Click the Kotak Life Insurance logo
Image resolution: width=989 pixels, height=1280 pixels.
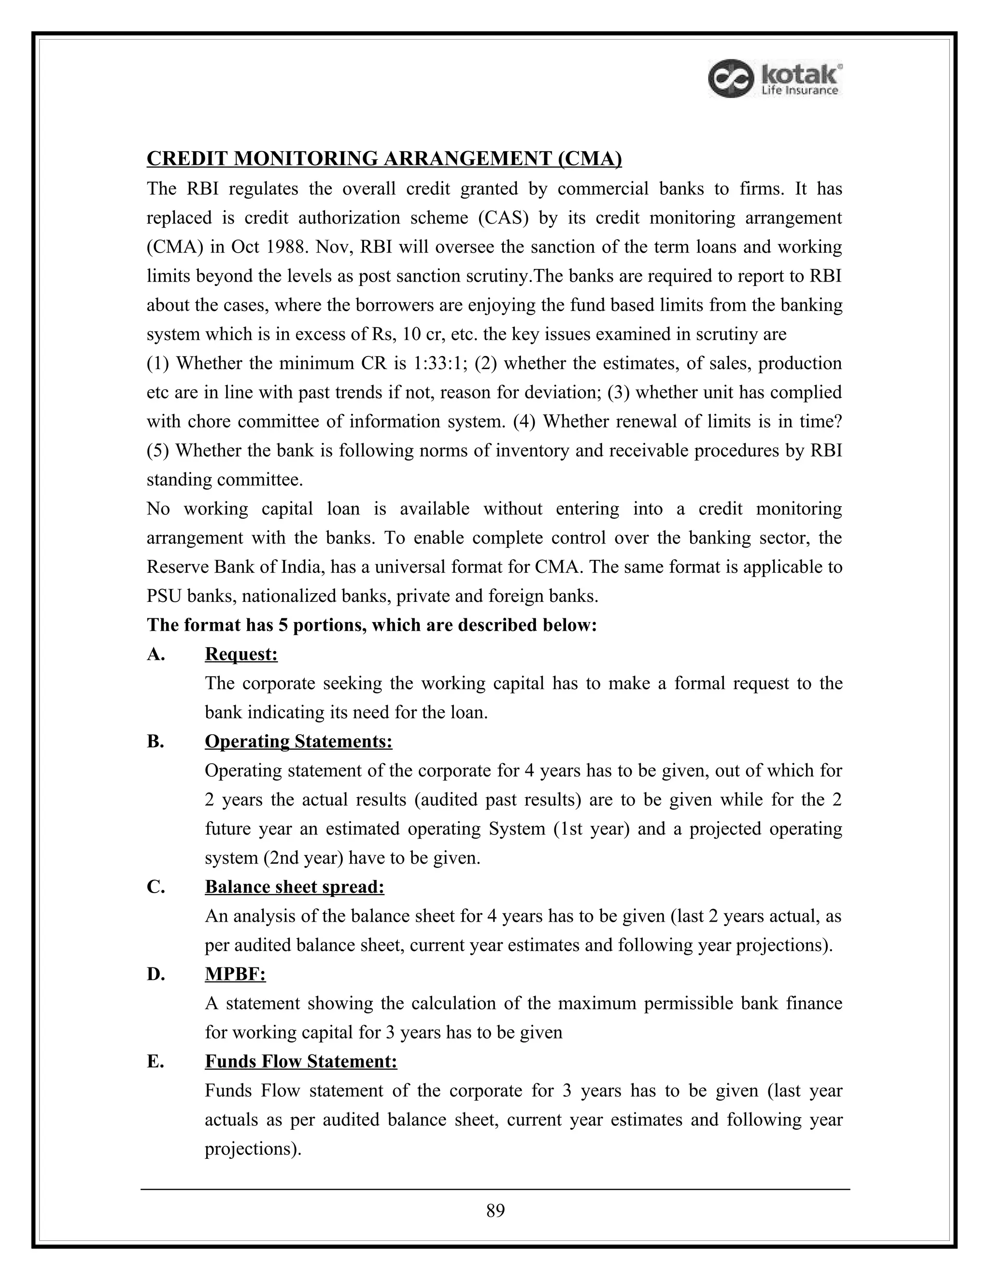click(775, 79)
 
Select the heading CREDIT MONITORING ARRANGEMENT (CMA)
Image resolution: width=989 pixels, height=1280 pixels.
click(384, 159)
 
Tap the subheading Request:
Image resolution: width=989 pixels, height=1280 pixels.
click(241, 654)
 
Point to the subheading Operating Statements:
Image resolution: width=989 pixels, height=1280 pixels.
click(298, 741)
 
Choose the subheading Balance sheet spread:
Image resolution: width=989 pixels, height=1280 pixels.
click(294, 887)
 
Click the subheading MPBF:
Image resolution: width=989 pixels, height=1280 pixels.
click(235, 974)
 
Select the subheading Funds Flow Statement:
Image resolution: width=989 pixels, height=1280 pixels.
click(300, 1061)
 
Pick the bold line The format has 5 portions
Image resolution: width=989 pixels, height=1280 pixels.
click(371, 625)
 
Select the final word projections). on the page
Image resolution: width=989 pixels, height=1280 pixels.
click(253, 1149)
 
